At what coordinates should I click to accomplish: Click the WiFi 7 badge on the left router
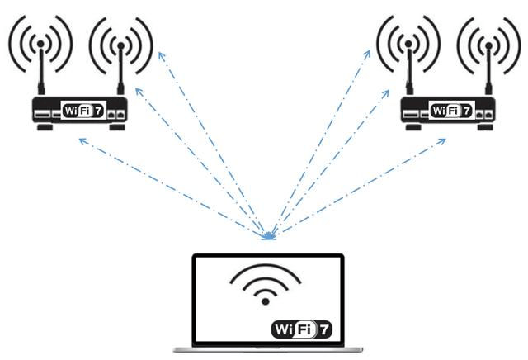coord(83,110)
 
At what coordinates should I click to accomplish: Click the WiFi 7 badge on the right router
coord(451,110)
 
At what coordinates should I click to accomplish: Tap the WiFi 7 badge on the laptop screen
coord(302,329)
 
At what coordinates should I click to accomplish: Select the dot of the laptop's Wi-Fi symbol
coord(266,301)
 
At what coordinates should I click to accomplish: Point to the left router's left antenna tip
coord(40,44)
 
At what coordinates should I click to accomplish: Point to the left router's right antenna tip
coord(121,45)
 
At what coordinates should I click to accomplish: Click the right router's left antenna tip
coord(408,44)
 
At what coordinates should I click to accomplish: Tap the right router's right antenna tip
coord(488,45)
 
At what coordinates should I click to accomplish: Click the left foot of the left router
coord(45,127)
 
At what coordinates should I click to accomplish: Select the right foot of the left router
coord(117,127)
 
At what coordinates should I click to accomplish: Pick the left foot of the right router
coord(413,127)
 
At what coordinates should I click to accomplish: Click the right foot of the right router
coord(485,127)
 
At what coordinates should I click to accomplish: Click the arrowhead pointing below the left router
coord(82,140)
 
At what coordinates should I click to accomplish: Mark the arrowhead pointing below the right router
coord(442,141)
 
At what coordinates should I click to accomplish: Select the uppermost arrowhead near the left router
coord(162,55)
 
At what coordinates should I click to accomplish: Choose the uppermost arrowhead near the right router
coord(367,54)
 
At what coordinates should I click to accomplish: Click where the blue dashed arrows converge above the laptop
coord(269,237)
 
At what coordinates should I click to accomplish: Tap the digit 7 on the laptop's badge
coord(324,329)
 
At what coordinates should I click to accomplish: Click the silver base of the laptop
coord(268,350)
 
